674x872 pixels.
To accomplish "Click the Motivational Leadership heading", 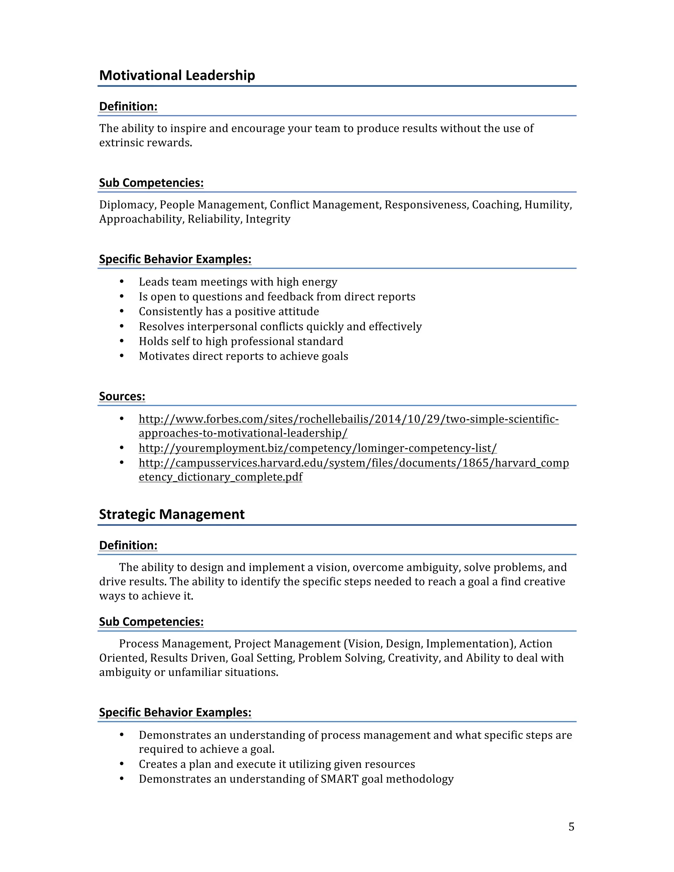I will point(177,75).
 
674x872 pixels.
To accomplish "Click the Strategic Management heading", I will point(172,514).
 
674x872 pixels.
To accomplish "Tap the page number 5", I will point(571,827).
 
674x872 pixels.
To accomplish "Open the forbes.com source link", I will point(348,419).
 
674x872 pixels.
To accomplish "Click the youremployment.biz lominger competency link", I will point(318,449).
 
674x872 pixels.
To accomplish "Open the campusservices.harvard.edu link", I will point(353,463).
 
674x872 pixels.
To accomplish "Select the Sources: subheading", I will point(122,397).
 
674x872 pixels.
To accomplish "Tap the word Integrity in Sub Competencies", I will point(268,219).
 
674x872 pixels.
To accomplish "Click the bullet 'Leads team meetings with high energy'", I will point(238,282).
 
